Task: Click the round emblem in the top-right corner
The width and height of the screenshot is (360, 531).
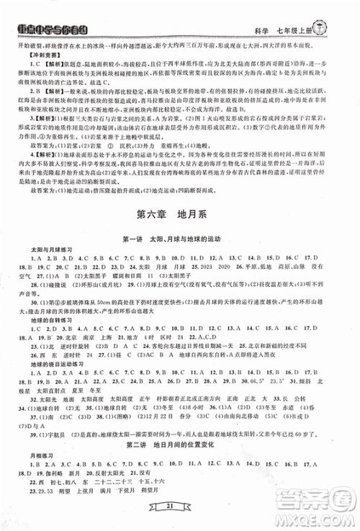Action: [x=343, y=11]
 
